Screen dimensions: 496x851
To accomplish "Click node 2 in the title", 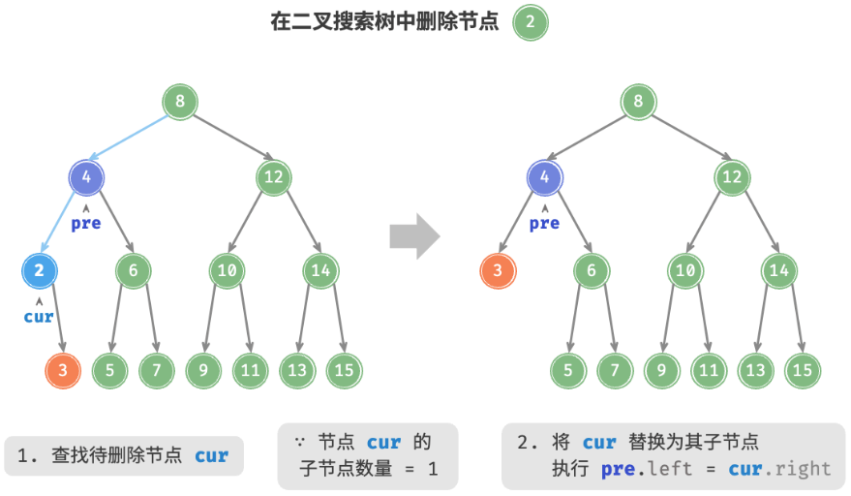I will [x=531, y=23].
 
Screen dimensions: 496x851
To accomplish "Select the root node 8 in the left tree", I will [x=179, y=102].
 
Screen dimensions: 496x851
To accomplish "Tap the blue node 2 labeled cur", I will [x=39, y=271].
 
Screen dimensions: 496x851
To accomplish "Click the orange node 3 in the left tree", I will [x=63, y=369].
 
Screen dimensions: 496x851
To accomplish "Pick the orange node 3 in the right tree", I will [x=498, y=271].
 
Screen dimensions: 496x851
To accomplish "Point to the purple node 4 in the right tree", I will [x=544, y=177].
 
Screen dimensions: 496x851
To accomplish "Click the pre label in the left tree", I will [x=86, y=224].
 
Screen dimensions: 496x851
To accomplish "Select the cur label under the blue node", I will [x=39, y=316].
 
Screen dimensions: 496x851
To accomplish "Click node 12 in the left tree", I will [x=273, y=177].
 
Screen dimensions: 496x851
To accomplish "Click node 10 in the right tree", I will [x=684, y=271].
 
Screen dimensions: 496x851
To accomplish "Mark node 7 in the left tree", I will [x=156, y=369].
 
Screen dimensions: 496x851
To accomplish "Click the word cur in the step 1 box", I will [x=211, y=455].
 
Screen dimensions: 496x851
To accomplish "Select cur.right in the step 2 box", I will [x=780, y=469].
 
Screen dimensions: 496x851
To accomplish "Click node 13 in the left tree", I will [x=296, y=369].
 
